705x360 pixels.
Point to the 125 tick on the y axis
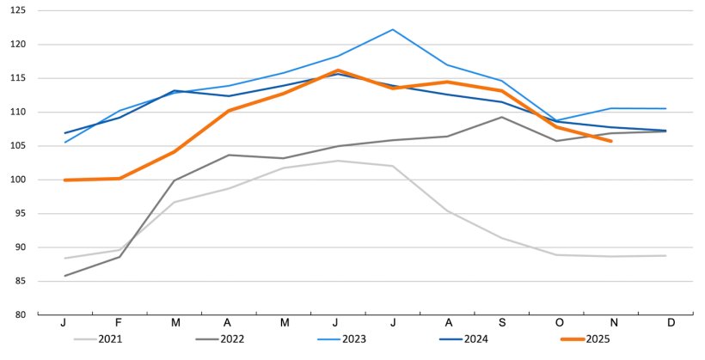[19, 11]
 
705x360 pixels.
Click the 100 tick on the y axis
[19, 180]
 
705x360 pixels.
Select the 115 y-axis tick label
[19, 78]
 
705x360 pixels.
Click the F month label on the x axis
[120, 323]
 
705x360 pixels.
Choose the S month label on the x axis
[502, 323]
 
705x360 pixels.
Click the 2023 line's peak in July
[393, 29]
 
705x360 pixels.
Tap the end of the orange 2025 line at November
[611, 141]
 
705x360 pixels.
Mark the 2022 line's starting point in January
[65, 276]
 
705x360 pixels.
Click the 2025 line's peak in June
[339, 70]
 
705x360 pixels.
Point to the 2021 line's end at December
[666, 255]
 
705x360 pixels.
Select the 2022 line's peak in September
[502, 117]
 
